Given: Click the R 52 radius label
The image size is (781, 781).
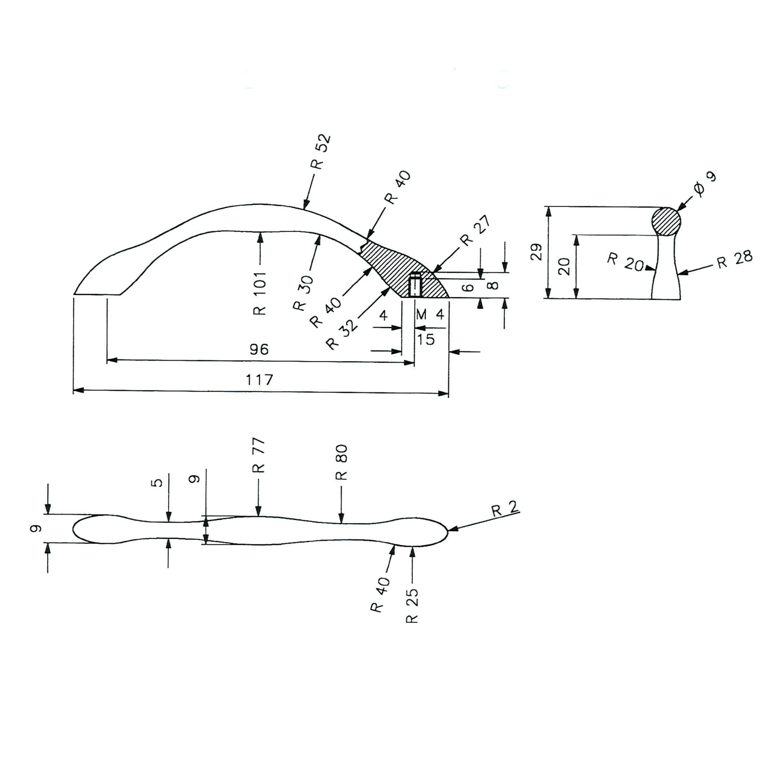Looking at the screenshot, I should click(x=321, y=152).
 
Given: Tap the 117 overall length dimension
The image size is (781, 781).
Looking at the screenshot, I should click(x=259, y=380).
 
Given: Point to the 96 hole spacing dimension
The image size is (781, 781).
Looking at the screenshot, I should click(x=259, y=350).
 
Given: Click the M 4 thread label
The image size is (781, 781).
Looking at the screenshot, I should click(x=430, y=315).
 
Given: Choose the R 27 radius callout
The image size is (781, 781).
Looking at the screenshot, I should click(x=475, y=231).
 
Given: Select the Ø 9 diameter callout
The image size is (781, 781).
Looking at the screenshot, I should click(x=704, y=183).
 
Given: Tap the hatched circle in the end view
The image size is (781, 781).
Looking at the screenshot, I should click(x=666, y=221).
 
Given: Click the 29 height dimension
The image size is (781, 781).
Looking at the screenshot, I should click(x=536, y=252).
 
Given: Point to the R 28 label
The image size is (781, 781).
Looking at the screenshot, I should click(x=735, y=259).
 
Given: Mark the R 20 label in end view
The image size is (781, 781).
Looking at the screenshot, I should click(x=625, y=262).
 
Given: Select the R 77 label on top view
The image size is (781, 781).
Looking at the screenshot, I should click(x=259, y=455).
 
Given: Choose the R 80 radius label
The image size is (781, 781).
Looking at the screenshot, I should click(x=341, y=462).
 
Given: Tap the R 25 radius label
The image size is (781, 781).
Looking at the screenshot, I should click(x=412, y=605).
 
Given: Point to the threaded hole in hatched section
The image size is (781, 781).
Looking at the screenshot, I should click(x=415, y=285).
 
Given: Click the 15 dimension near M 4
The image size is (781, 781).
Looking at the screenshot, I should click(x=426, y=339).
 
